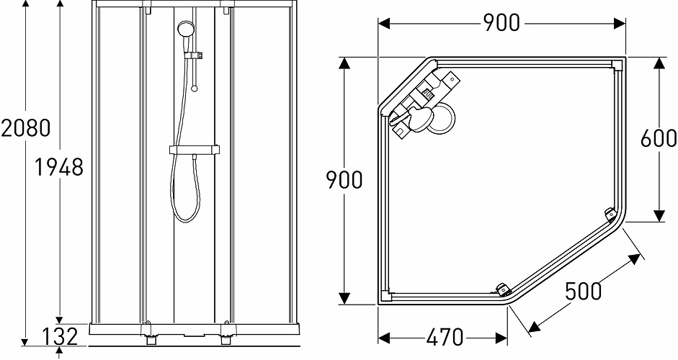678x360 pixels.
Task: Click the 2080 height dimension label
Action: coord(26,128)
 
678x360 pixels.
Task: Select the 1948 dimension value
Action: coord(60,168)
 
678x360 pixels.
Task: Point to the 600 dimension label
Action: coord(659,138)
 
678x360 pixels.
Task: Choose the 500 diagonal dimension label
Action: coord(584,292)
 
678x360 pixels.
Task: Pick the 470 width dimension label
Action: coord(444,337)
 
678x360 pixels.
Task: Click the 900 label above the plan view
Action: coord(501,23)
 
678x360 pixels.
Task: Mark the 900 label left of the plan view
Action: coord(344,180)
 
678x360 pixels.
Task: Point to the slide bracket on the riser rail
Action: coord(195,55)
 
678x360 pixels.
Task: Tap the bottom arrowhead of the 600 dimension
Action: coord(659,215)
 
